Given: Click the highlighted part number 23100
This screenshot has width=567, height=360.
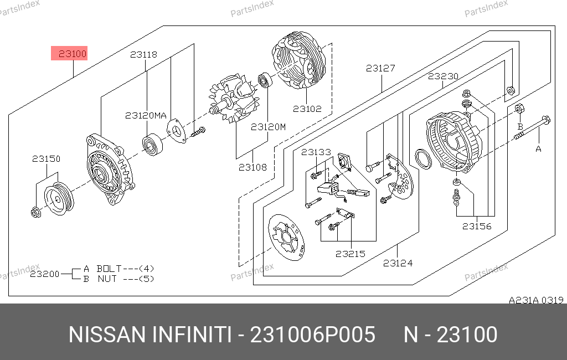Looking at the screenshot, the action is point(73,54).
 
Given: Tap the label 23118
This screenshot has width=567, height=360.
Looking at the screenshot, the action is point(143,55).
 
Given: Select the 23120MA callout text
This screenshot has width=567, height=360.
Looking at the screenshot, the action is point(146,115).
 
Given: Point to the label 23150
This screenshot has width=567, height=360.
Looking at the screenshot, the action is point(47,158).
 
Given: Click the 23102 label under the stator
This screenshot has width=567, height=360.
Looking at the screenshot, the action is point(307,109).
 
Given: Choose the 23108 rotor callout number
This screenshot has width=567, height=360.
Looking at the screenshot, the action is point(252,167).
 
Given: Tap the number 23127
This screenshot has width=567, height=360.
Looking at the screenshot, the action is point(380,68).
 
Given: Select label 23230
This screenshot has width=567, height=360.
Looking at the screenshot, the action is point(443,76).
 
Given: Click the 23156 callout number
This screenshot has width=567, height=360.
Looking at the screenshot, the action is point(477,226).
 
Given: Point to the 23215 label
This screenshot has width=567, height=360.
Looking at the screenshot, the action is point(350,254).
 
